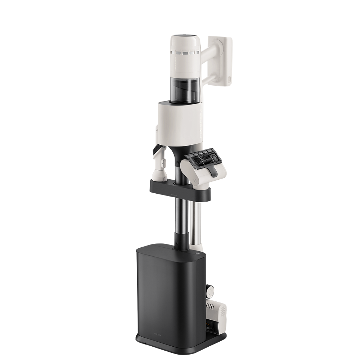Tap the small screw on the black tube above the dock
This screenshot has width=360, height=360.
[x=177, y=248]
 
